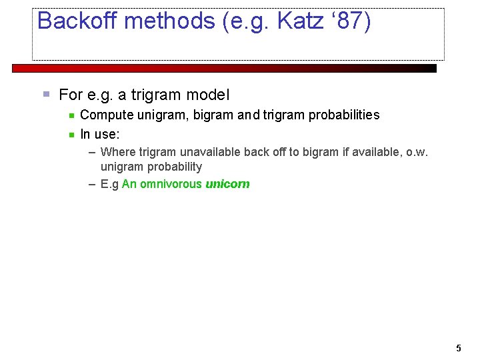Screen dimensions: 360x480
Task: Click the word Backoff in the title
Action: [77, 21]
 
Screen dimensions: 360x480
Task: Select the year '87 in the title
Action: [349, 21]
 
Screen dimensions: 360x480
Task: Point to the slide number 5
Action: [458, 348]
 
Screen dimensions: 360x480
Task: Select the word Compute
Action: [107, 115]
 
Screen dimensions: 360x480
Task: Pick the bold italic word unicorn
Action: [227, 185]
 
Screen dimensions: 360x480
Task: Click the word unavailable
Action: [210, 152]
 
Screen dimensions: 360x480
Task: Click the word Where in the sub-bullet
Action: [118, 152]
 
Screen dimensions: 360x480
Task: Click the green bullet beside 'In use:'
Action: [71, 135]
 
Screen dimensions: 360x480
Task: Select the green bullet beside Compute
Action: [71, 115]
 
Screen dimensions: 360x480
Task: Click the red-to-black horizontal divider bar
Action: [225, 68]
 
